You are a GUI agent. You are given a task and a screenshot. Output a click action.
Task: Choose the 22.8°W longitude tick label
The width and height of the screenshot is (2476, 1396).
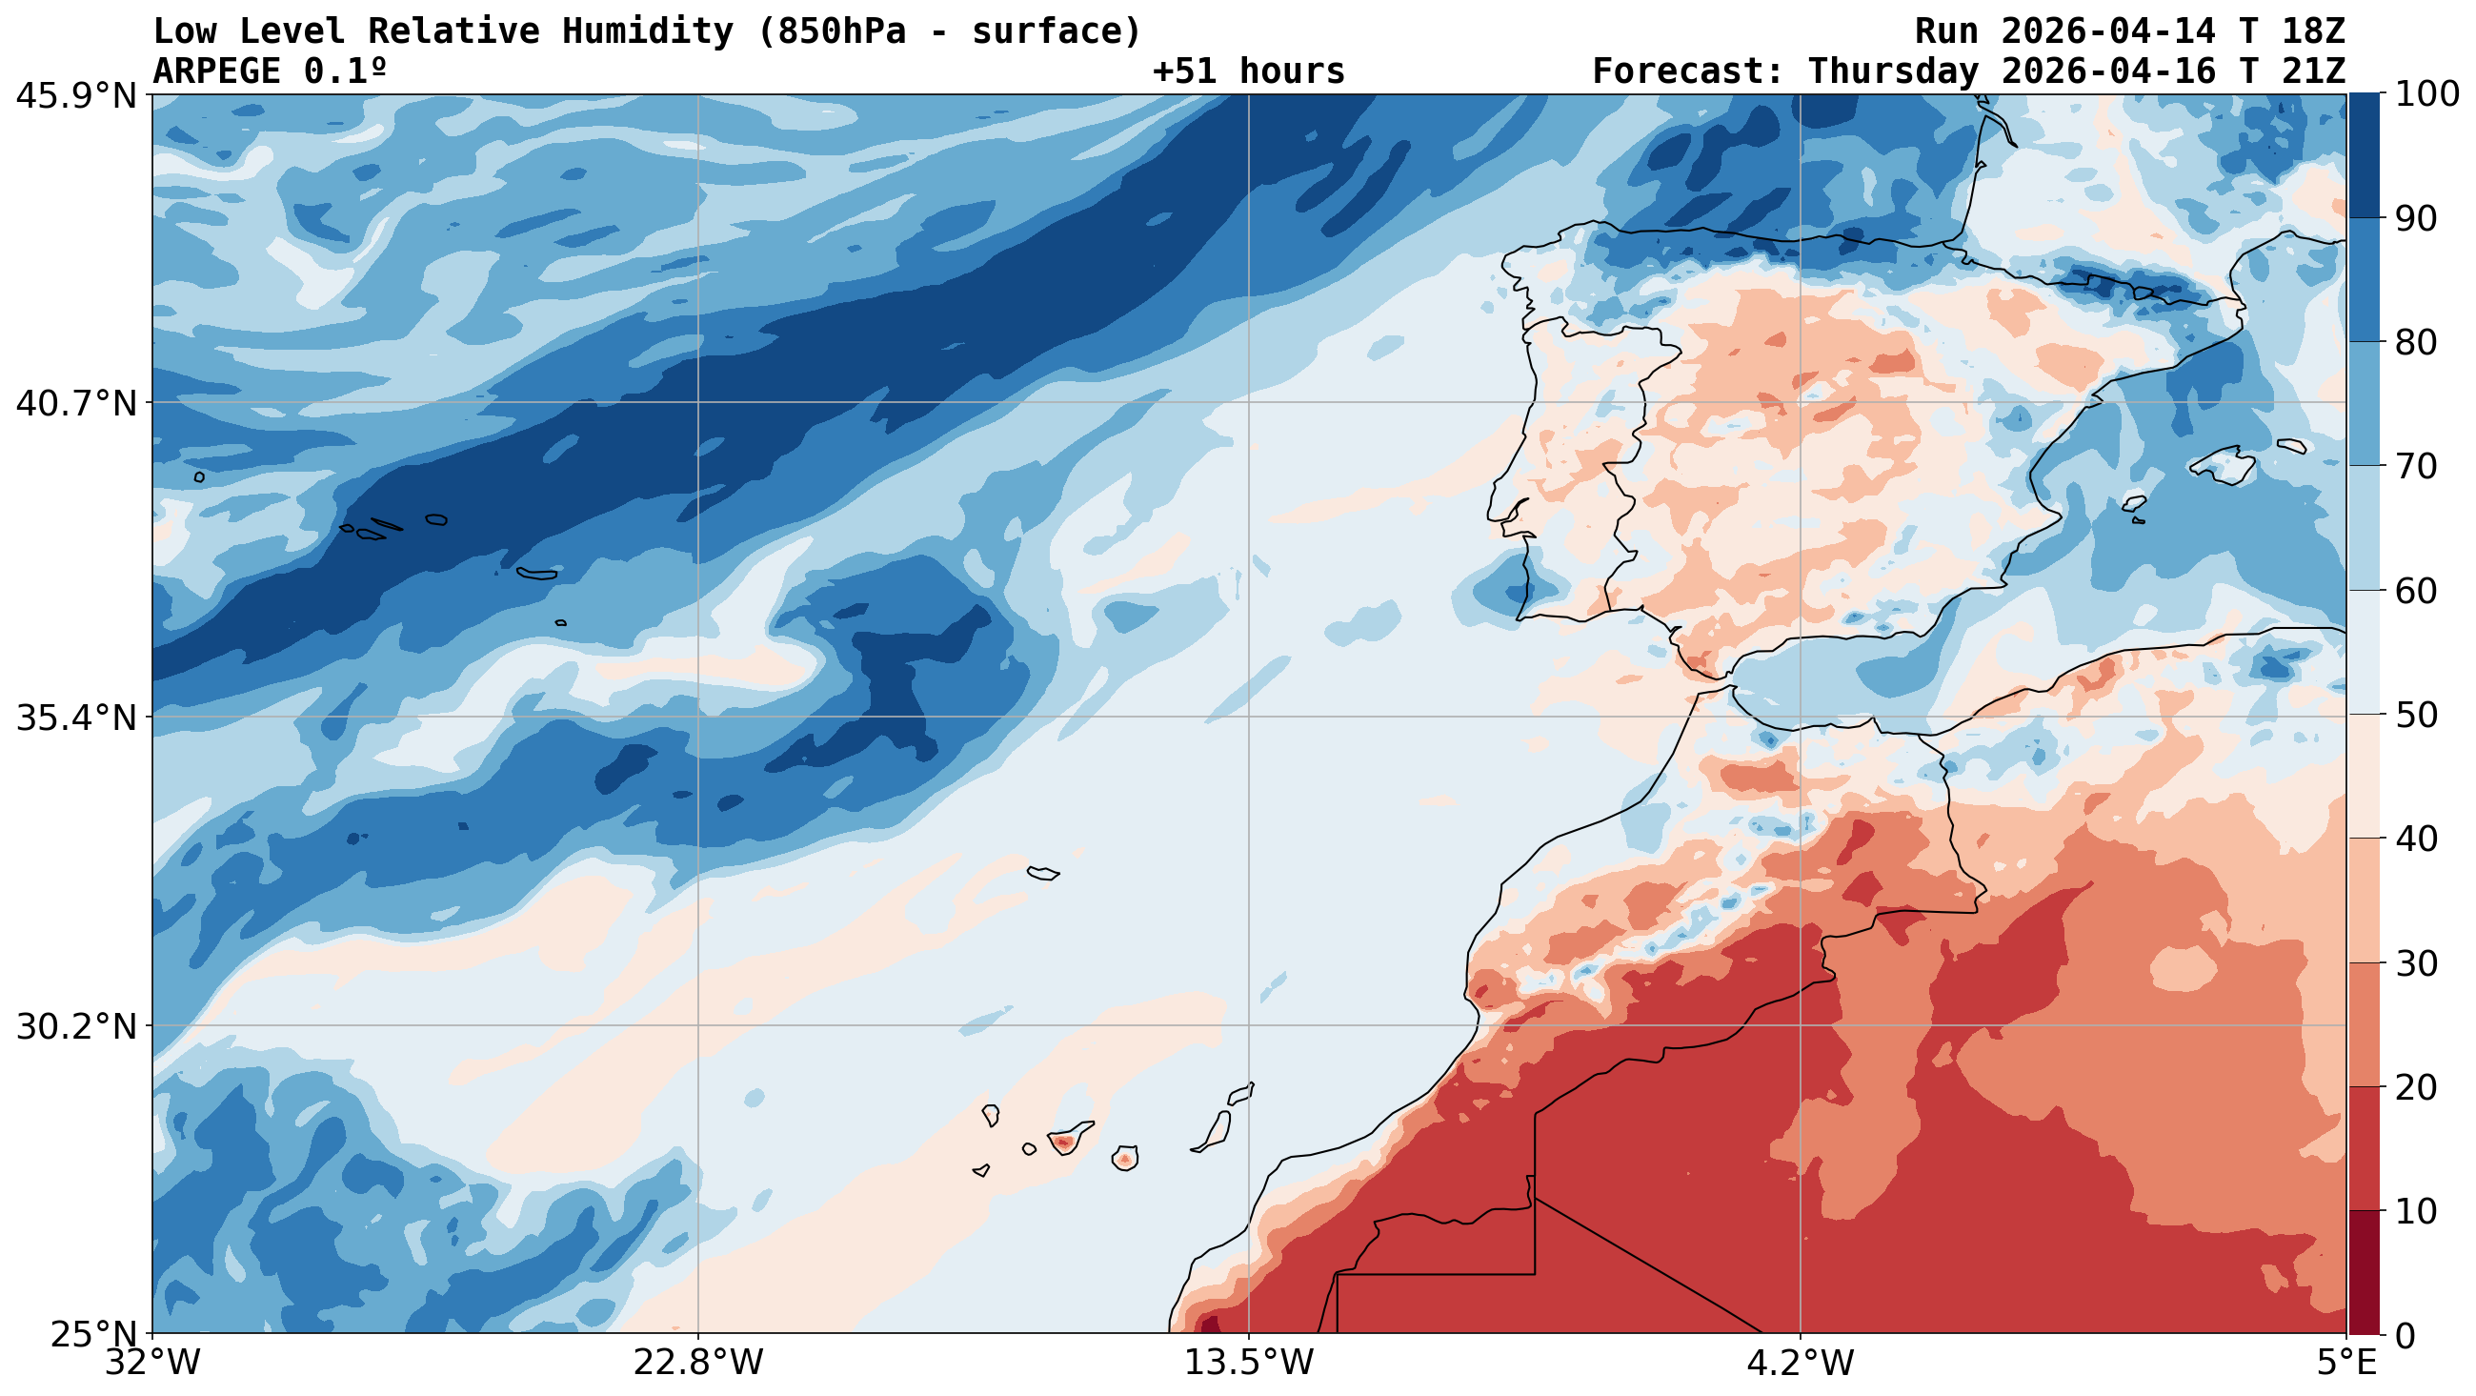point(697,1364)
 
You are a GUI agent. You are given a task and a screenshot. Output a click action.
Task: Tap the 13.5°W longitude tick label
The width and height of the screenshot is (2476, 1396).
point(1249,1364)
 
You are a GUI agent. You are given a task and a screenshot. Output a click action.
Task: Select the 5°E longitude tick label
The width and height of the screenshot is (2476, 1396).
point(2345,1364)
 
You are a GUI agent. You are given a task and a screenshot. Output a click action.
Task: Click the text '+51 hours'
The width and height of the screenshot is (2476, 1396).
point(1248,71)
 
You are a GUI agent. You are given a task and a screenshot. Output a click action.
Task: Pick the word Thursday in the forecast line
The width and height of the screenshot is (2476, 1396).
point(1892,71)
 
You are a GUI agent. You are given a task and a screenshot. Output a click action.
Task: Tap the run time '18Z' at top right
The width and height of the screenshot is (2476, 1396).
point(2312,31)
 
